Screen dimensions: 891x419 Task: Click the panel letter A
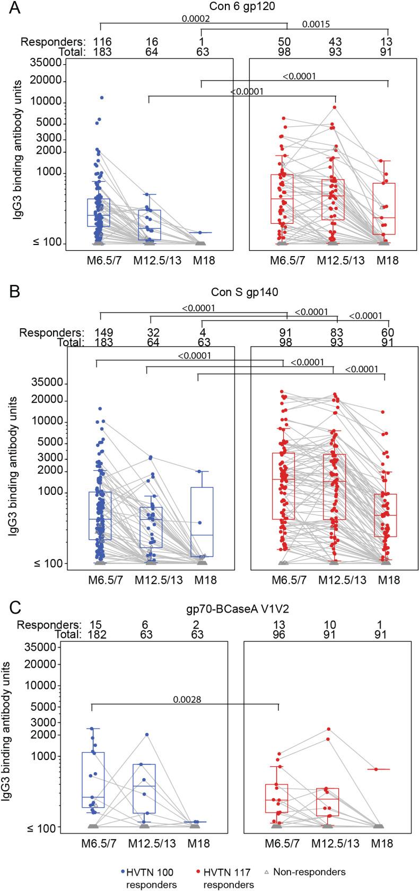[x=9, y=8]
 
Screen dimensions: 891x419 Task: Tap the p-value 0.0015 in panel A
[x=316, y=24]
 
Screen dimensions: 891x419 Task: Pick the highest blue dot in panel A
[x=101, y=98]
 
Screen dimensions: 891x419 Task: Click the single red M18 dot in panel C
[x=377, y=769]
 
